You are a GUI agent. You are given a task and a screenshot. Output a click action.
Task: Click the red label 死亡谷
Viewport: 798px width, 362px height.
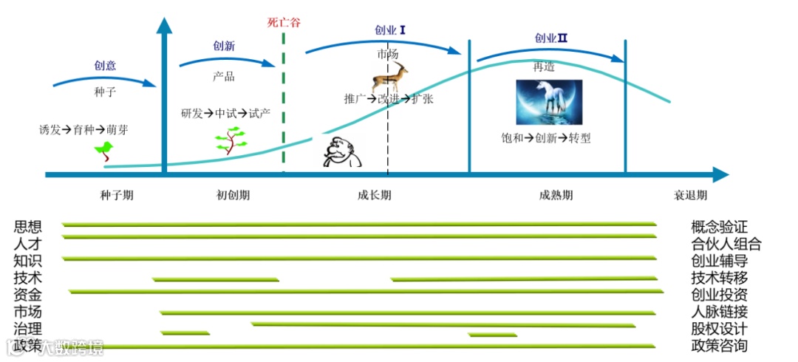(284, 22)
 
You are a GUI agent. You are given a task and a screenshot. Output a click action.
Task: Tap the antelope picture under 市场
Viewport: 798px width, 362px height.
(390, 76)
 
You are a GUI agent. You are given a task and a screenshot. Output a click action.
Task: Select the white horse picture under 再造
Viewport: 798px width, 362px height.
(549, 102)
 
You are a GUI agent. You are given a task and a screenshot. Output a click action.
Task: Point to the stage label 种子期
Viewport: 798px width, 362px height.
(117, 196)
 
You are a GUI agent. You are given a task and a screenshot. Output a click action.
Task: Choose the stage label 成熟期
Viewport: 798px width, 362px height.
(556, 196)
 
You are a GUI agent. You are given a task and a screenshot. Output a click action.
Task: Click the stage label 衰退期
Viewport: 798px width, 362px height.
(690, 196)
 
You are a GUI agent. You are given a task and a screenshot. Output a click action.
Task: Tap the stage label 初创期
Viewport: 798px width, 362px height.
(233, 196)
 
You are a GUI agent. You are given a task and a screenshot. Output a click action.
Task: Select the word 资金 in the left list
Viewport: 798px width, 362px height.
(27, 294)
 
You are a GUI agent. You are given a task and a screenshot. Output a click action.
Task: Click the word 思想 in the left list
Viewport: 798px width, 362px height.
(27, 226)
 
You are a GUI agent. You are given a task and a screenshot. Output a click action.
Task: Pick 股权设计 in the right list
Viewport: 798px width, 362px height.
(719, 329)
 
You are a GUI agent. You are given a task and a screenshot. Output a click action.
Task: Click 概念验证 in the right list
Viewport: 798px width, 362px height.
(719, 226)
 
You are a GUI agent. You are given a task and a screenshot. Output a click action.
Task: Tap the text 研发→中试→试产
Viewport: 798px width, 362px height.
(231, 114)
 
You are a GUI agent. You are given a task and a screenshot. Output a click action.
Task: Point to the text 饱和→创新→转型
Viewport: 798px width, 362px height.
(545, 138)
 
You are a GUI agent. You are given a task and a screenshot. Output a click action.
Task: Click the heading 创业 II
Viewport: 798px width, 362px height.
(551, 38)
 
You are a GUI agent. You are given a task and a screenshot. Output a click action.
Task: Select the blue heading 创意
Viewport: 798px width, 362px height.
(106, 65)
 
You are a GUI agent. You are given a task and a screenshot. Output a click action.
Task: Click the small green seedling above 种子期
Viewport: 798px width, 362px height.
(104, 151)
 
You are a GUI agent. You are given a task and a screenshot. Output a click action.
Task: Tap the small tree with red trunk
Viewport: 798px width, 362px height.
(231, 140)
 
